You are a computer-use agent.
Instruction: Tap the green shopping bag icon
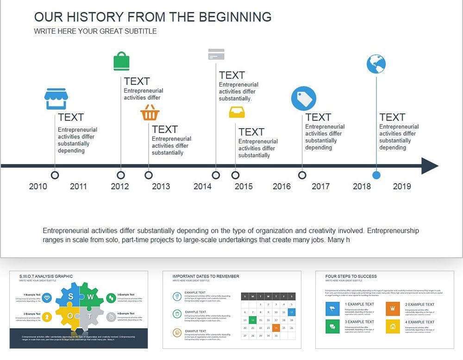[121, 62]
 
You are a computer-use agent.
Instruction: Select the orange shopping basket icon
[150, 112]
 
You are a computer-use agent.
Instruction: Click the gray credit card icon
[216, 54]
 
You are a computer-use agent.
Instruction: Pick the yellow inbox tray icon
[237, 112]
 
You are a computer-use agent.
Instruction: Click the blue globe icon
[376, 64]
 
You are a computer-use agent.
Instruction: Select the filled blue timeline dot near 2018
[376, 175]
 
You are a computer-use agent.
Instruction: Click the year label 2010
[38, 186]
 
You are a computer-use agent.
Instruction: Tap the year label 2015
[244, 186]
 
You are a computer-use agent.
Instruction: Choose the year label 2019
[402, 186]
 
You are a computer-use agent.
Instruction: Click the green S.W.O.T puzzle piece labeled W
[91, 297]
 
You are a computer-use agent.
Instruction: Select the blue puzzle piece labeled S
[70, 297]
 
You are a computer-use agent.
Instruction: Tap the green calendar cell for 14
[252, 320]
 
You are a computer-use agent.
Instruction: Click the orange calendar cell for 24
[276, 328]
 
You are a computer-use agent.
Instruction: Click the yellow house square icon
[393, 326]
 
